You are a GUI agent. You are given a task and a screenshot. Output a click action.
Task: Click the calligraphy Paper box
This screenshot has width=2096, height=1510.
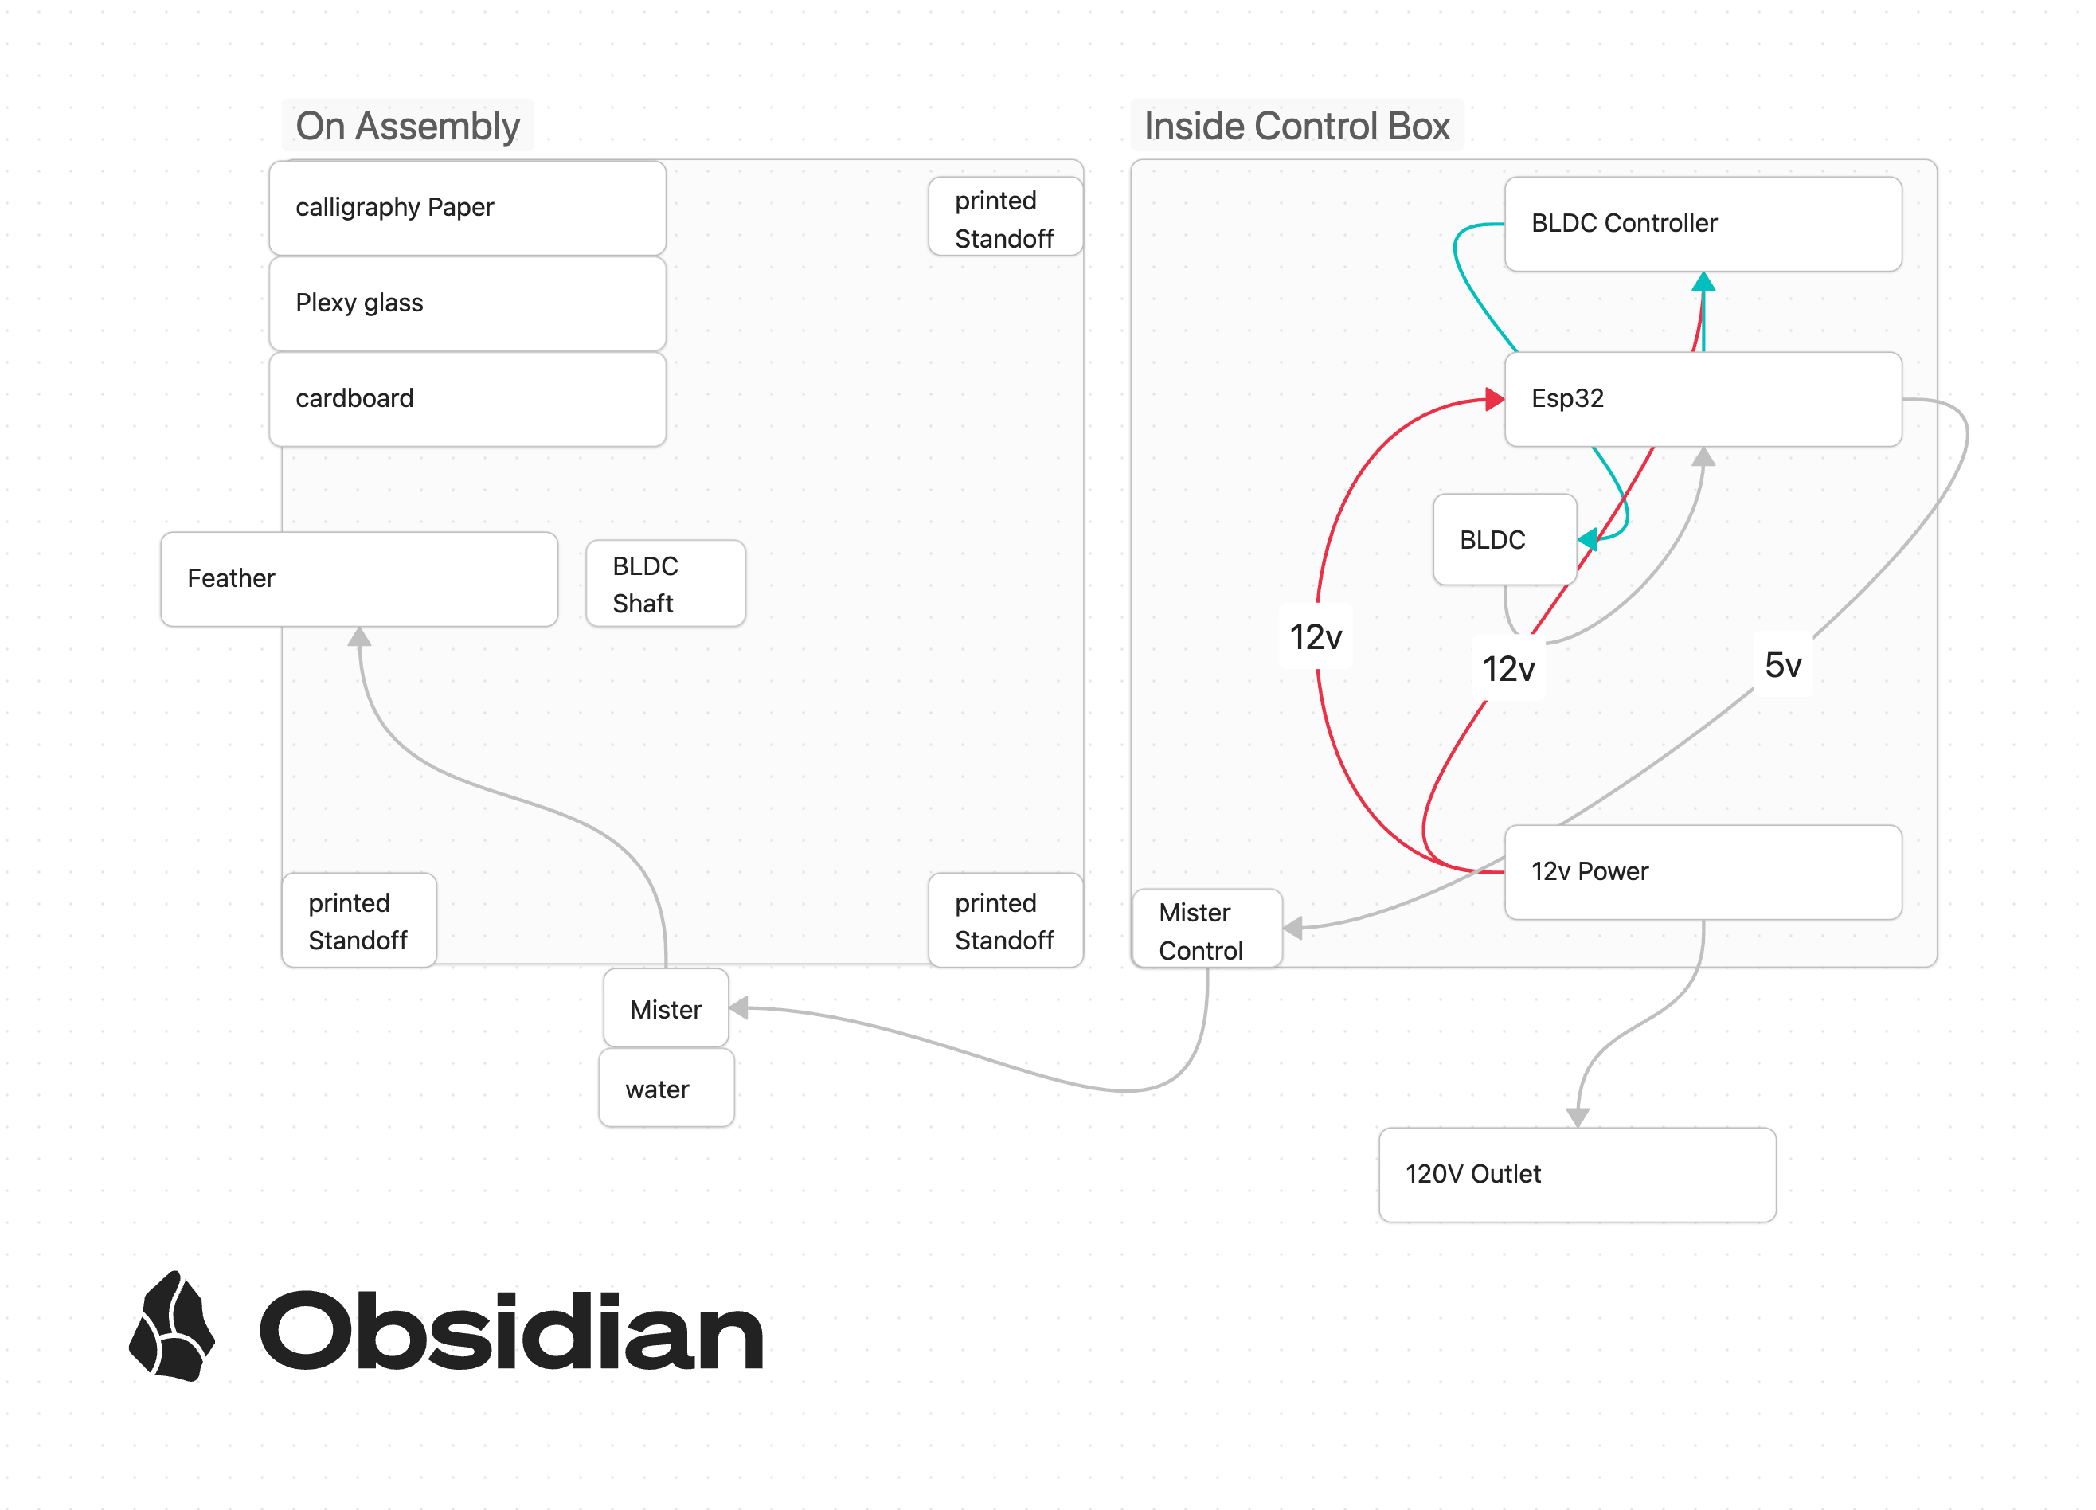pyautogui.click(x=467, y=208)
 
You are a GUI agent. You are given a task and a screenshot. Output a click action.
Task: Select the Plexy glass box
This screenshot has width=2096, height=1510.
pyautogui.click(x=467, y=303)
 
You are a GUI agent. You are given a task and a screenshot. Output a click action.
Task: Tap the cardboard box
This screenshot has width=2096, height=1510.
pyautogui.click(x=467, y=399)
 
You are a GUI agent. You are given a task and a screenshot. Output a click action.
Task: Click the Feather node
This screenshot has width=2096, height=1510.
pyautogui.click(x=359, y=578)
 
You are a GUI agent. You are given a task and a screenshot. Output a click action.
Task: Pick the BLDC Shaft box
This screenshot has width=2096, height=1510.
pyautogui.click(x=666, y=584)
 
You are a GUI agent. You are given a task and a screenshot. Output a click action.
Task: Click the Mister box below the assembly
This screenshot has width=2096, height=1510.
pyautogui.click(x=666, y=1008)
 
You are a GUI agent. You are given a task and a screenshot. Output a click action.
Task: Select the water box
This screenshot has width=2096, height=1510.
pyautogui.click(x=667, y=1088)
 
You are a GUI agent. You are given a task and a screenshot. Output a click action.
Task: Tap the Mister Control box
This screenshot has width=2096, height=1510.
pyautogui.click(x=1207, y=929)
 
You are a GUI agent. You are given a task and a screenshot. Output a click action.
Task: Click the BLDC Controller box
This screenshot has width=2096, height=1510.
pyautogui.click(x=1703, y=224)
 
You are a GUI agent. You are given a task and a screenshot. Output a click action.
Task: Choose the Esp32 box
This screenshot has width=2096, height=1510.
pyautogui.click(x=1703, y=399)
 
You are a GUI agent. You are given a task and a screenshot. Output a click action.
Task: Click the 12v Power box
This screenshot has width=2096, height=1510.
pyautogui.click(x=1703, y=872)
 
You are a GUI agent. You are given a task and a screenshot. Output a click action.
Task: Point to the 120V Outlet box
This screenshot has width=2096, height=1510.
pyautogui.click(x=1578, y=1175)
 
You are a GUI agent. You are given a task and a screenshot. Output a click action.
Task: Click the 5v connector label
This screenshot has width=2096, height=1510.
pyautogui.click(x=1783, y=664)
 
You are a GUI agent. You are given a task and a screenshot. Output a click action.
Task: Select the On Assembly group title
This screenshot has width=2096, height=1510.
pyautogui.click(x=408, y=126)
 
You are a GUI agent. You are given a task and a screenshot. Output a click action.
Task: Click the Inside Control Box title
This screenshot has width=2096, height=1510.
pyautogui.click(x=1297, y=126)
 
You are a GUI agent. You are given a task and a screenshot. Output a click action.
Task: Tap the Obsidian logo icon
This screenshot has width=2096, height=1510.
pyautogui.click(x=172, y=1327)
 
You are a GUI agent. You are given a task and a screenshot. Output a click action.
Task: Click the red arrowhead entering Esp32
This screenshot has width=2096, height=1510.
pyautogui.click(x=1496, y=399)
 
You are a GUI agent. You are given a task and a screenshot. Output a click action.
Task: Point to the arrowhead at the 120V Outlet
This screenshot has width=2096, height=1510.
pyautogui.click(x=1578, y=1117)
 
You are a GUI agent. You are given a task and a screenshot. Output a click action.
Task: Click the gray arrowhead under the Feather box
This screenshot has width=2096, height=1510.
pyautogui.click(x=359, y=636)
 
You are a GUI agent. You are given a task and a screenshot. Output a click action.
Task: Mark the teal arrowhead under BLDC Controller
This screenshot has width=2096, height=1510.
pyautogui.click(x=1703, y=281)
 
